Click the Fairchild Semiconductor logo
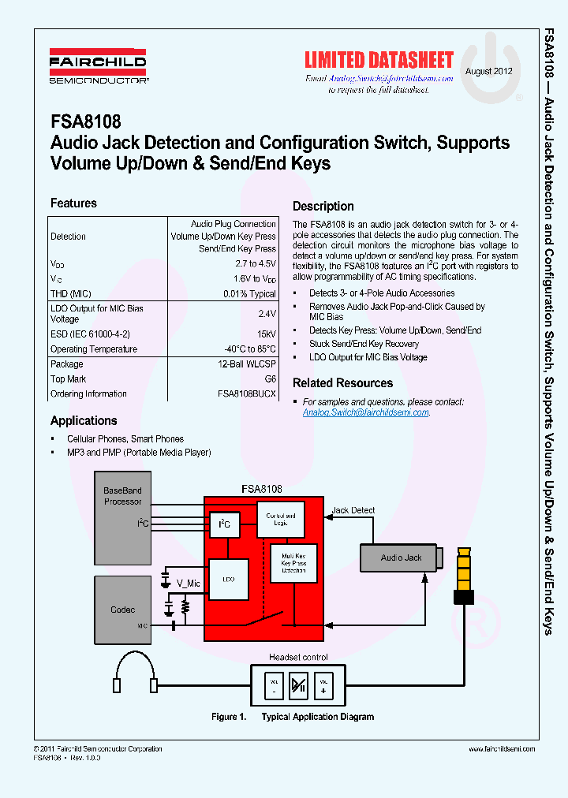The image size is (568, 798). pos(99,69)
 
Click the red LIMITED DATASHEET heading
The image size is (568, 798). pos(379,61)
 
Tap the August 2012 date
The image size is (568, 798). pos(489,71)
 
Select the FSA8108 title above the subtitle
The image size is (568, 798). pos(85,122)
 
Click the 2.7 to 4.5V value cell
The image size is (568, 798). pos(255,263)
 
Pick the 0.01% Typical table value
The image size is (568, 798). pos(249,294)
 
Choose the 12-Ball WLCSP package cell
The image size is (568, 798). pos(247,364)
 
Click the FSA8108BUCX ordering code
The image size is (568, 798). pos(247,393)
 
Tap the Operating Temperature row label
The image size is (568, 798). pos(94,349)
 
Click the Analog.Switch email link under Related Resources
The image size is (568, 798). pos(366,412)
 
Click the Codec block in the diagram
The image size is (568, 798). pos(123,610)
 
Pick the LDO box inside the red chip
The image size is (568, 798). pos(229,579)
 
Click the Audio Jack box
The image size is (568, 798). pos(402,557)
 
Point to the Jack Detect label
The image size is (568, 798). pos(353,510)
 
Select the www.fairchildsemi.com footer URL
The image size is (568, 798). pos(497,749)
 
